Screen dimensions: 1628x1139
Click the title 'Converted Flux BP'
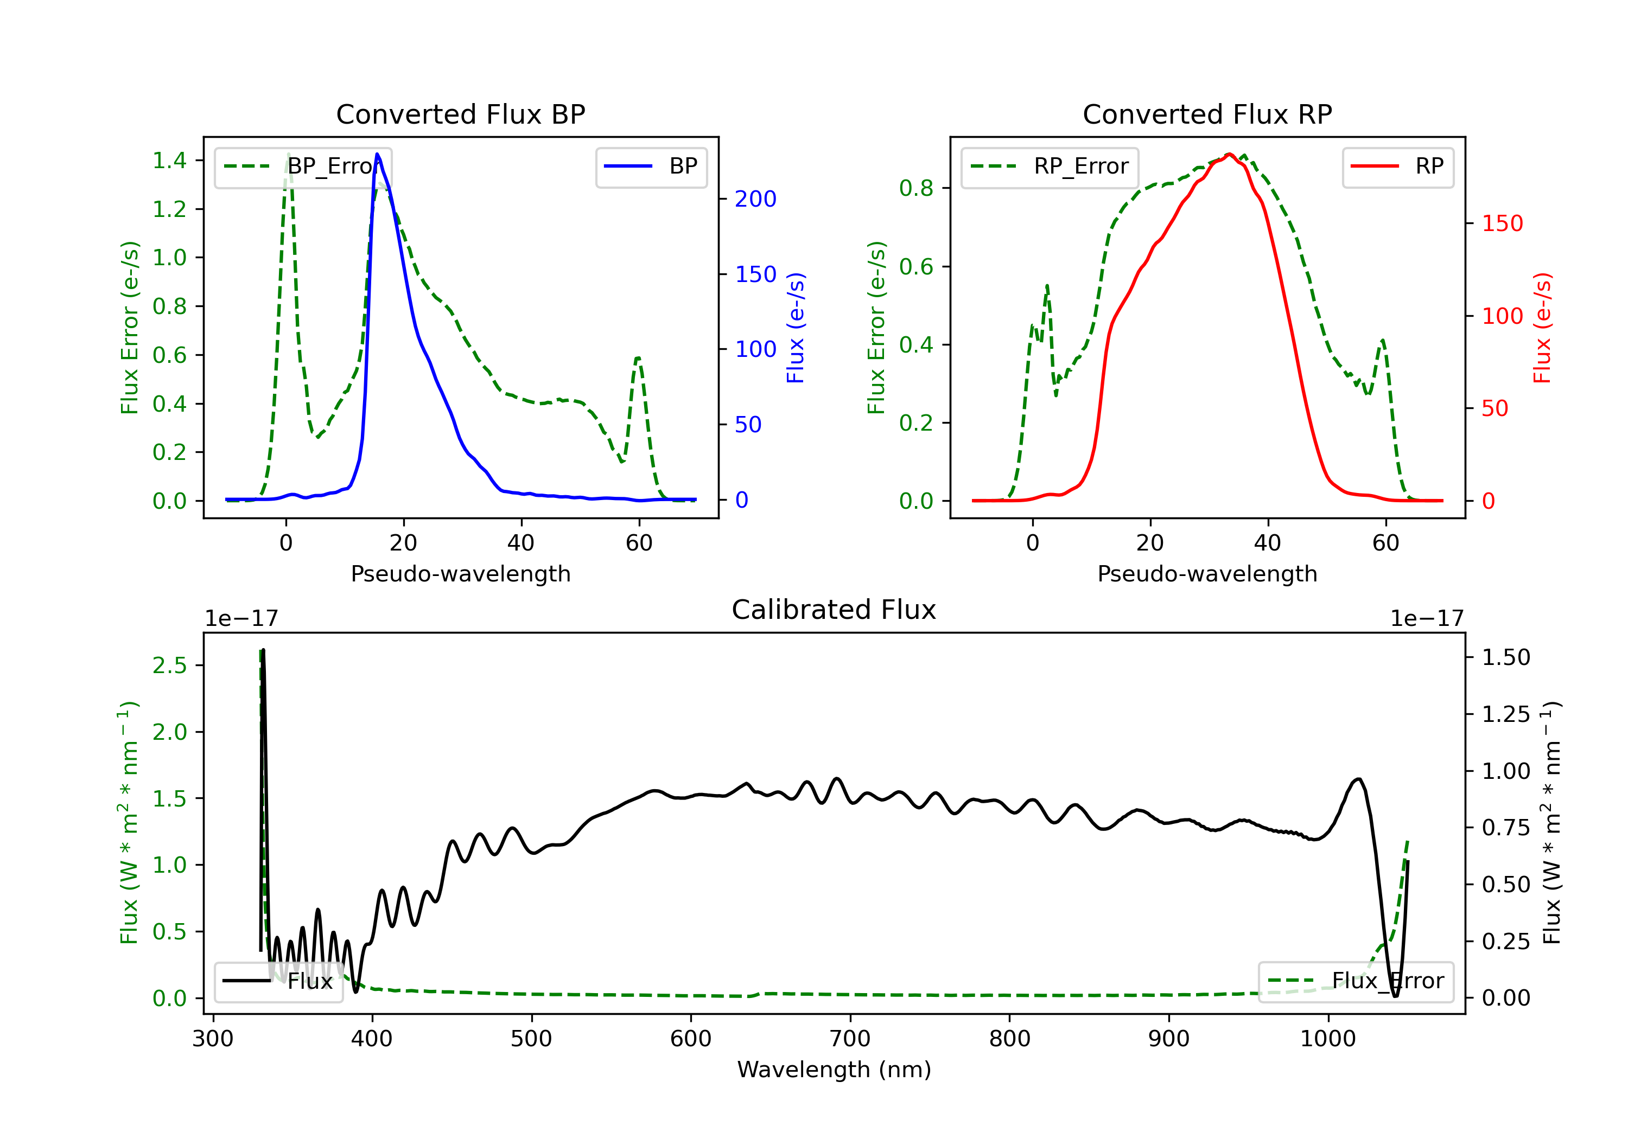click(461, 114)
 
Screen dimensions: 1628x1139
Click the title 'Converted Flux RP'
click(1207, 114)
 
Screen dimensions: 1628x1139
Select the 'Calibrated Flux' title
click(834, 610)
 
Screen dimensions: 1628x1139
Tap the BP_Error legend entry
click(303, 167)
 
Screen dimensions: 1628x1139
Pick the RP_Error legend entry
click(1050, 167)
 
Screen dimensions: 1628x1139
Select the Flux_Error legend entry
click(1356, 982)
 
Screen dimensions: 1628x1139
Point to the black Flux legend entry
click(279, 982)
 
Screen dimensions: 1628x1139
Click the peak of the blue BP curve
click(377, 154)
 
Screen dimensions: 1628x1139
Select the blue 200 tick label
click(756, 199)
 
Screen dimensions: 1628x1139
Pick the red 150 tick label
click(1503, 224)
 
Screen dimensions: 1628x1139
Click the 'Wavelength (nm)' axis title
click(834, 1070)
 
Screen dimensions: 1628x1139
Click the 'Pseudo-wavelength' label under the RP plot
click(1207, 574)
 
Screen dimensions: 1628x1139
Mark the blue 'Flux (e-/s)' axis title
click(796, 328)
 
